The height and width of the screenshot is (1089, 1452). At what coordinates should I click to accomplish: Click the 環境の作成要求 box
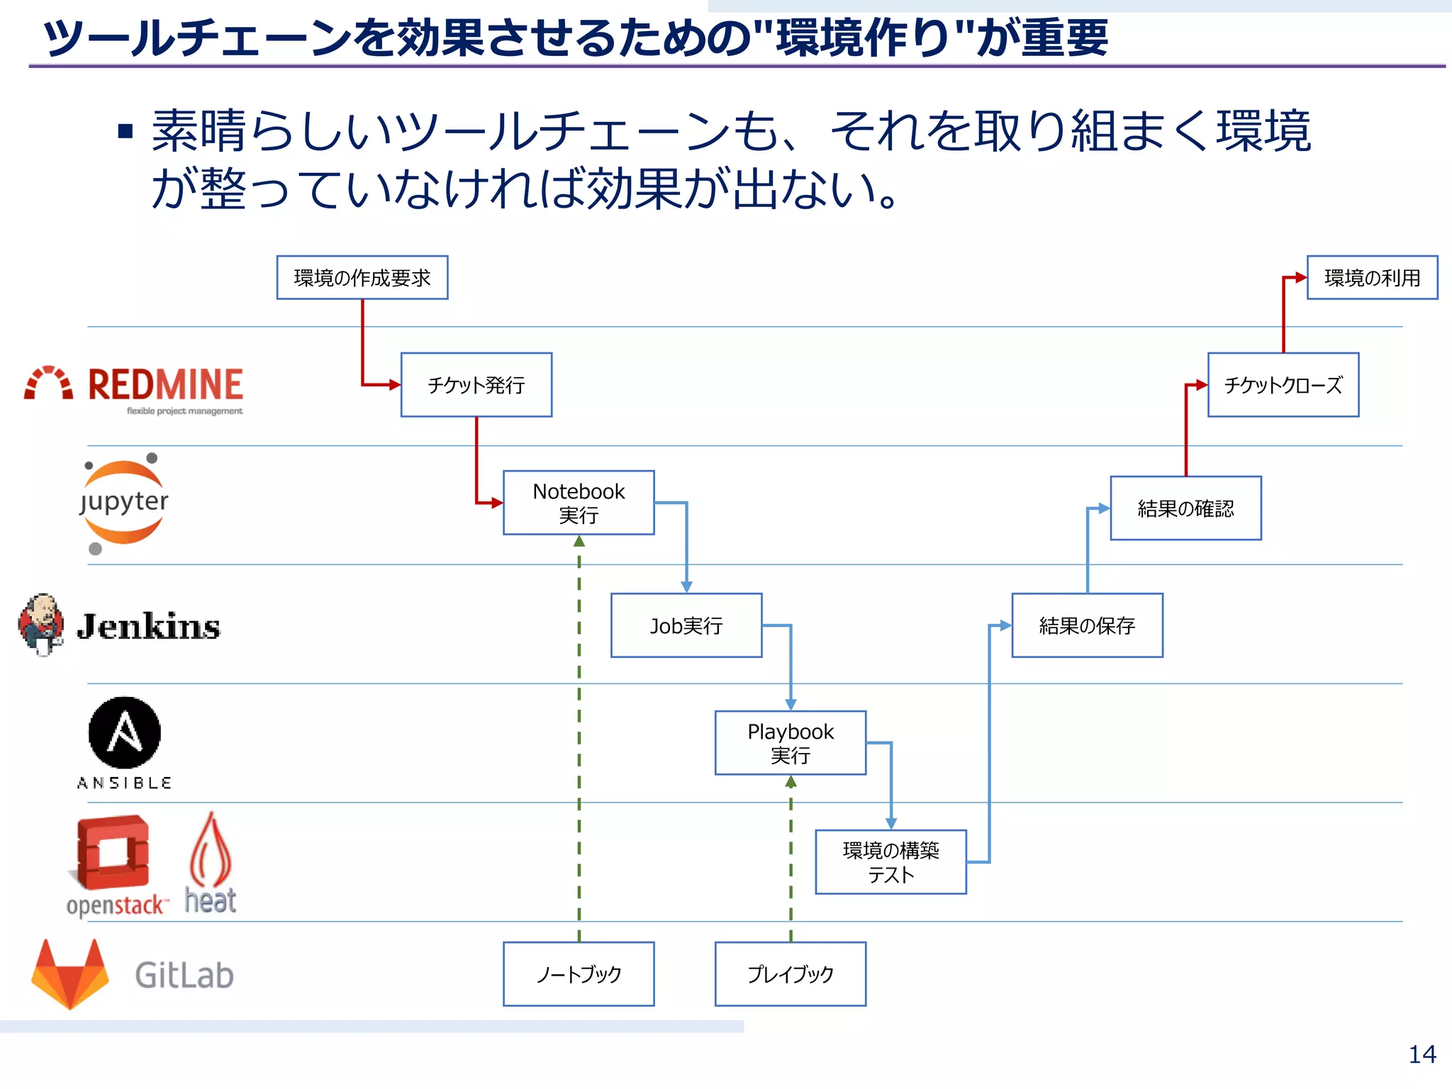click(x=362, y=278)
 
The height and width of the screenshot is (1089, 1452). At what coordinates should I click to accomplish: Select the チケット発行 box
click(x=476, y=385)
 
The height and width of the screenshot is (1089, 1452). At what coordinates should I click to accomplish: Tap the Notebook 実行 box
click(x=579, y=503)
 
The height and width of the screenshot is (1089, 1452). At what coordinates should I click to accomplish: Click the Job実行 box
click(x=686, y=625)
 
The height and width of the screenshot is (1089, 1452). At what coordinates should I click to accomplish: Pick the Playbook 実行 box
click(x=790, y=743)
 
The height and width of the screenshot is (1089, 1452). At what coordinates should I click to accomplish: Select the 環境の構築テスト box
click(x=890, y=862)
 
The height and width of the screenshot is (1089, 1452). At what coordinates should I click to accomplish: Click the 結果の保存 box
click(x=1087, y=625)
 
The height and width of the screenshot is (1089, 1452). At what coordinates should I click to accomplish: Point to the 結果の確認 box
click(x=1185, y=508)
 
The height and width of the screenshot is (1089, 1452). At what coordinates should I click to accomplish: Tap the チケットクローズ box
click(x=1283, y=385)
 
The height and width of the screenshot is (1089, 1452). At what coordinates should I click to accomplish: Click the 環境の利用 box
click(x=1372, y=278)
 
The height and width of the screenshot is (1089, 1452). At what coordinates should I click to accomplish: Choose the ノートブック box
click(x=579, y=974)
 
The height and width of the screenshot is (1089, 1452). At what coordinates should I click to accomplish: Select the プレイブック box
click(x=790, y=974)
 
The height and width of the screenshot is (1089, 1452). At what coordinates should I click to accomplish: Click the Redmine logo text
click(x=165, y=385)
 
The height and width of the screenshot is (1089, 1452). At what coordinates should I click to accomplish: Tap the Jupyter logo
click(x=123, y=503)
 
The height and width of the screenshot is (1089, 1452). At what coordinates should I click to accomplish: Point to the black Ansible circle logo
click(x=124, y=732)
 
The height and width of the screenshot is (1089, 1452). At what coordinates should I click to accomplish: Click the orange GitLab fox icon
click(x=69, y=975)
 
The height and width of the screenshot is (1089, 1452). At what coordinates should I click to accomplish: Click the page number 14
click(x=1422, y=1055)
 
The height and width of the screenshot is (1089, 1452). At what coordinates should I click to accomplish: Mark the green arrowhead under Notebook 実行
click(x=579, y=542)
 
